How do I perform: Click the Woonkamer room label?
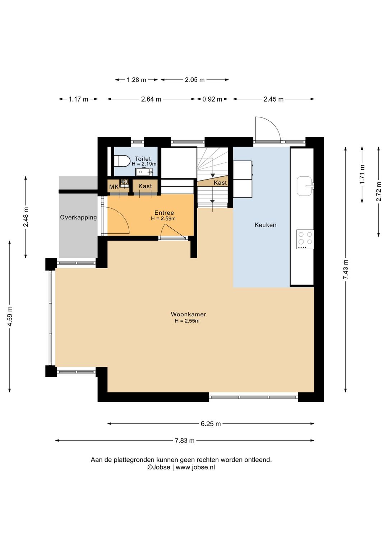pos(188,314)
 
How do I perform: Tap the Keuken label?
pos(265,225)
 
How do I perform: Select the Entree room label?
pos(164,213)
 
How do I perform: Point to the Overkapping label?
pos(78,217)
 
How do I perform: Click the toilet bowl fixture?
pos(123,161)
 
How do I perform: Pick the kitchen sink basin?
pos(305,186)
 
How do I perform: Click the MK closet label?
pos(114,187)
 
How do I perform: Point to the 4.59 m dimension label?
pos(10,316)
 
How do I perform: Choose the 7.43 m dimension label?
pos(346,269)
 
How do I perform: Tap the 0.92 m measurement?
pos(212,99)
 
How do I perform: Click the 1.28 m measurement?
pos(137,80)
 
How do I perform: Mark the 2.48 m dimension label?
pos(26,217)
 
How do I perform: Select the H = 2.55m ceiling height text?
pos(187,321)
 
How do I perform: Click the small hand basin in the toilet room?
pos(144,172)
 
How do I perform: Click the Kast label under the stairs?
pos(220,182)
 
